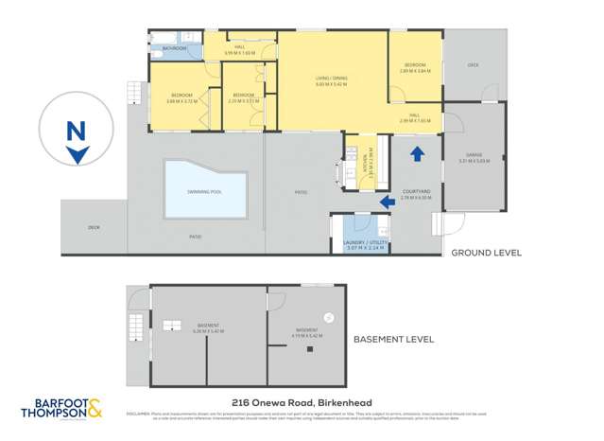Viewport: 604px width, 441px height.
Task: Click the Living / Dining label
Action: point(333,82)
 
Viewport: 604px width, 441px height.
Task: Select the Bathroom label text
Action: point(174,47)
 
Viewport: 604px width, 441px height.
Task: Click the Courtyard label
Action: point(416,194)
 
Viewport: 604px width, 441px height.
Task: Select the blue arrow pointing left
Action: point(387,201)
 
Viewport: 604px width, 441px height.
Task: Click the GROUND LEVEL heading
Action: point(486,253)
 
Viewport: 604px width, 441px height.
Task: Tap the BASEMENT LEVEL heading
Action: point(392,338)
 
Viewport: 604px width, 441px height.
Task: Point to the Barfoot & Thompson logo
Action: point(62,410)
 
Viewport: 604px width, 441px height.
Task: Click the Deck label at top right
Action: point(473,65)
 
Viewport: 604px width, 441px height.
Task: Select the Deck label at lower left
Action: point(94,227)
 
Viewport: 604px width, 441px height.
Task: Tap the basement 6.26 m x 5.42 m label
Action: point(205,331)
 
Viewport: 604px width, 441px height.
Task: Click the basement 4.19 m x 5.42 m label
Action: point(309,333)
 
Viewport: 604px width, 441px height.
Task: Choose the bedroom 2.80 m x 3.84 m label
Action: point(415,69)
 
